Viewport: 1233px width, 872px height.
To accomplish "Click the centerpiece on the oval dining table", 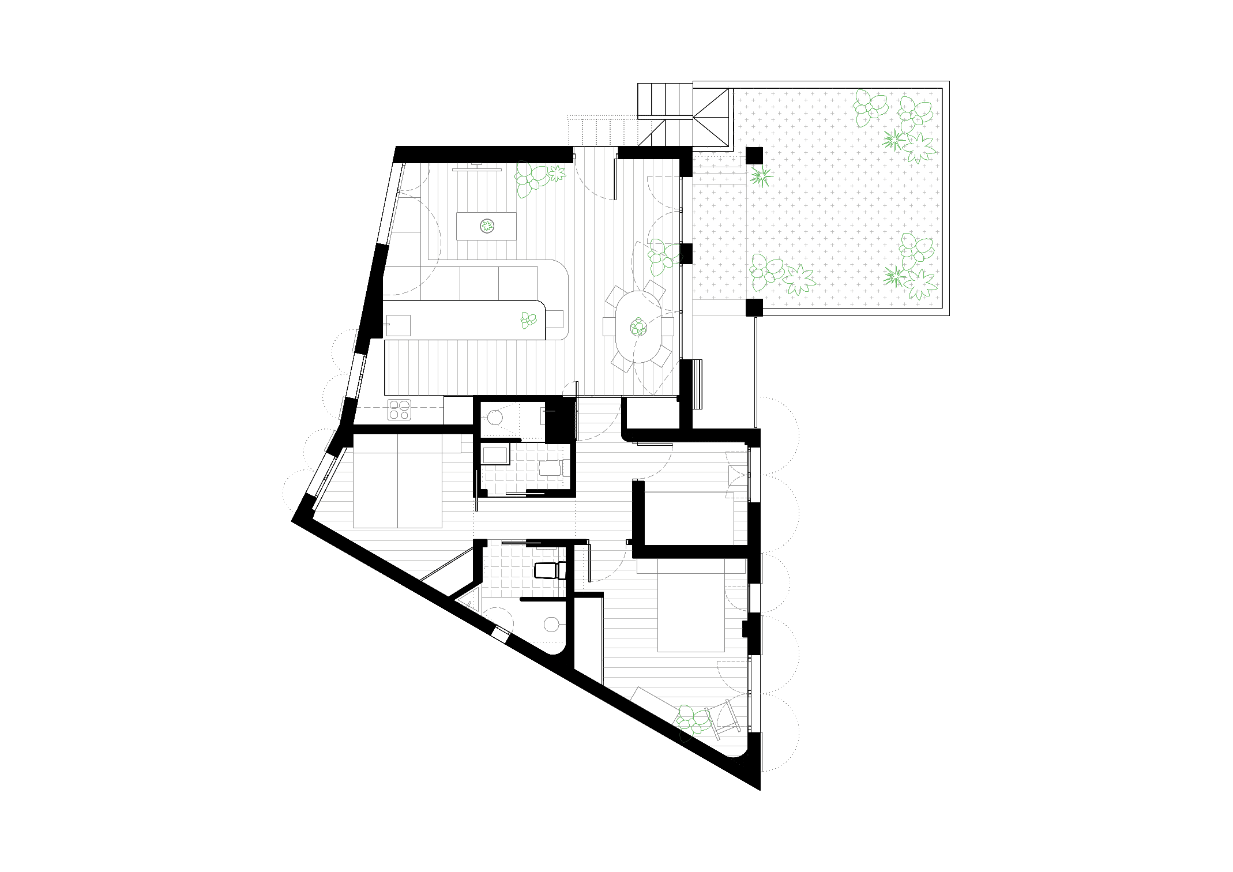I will [x=638, y=328].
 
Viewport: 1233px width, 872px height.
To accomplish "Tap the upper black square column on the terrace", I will [x=754, y=156].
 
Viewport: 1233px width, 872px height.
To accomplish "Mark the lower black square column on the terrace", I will [x=754, y=307].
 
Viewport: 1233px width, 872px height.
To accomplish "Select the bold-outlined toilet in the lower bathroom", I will [x=545, y=570].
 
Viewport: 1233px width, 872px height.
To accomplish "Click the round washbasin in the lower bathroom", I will [x=551, y=623].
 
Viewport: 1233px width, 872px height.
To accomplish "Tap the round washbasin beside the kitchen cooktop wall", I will [x=494, y=415].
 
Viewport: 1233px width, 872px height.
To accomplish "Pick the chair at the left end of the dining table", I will [x=610, y=326].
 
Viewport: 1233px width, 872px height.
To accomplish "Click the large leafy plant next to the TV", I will [x=532, y=178].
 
